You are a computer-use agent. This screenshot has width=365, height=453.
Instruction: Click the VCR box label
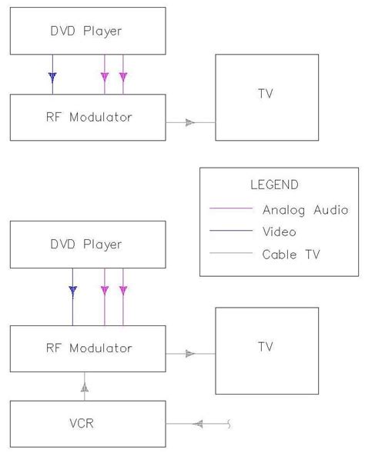click(x=89, y=423)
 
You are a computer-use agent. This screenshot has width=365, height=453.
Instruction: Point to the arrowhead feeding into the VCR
click(x=199, y=423)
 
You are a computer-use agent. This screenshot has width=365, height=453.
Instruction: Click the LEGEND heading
click(x=274, y=185)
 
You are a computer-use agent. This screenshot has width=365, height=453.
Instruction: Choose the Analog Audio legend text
click(x=305, y=209)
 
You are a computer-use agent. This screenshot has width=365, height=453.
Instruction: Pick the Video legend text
click(x=280, y=231)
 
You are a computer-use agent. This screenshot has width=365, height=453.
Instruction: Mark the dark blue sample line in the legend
click(x=231, y=231)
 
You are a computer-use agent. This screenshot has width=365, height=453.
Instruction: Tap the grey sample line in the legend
click(x=231, y=252)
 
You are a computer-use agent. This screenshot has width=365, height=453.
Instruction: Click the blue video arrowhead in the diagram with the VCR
click(x=72, y=291)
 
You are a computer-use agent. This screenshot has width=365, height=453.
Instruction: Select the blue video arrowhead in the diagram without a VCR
click(x=52, y=77)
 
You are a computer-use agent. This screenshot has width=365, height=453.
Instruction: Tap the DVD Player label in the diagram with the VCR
click(x=87, y=245)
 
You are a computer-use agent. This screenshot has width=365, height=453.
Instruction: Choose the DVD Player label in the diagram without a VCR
click(x=87, y=32)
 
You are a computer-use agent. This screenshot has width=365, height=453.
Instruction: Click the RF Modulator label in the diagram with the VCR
click(x=88, y=348)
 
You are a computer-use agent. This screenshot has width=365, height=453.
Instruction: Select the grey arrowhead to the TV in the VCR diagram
click(x=189, y=354)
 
